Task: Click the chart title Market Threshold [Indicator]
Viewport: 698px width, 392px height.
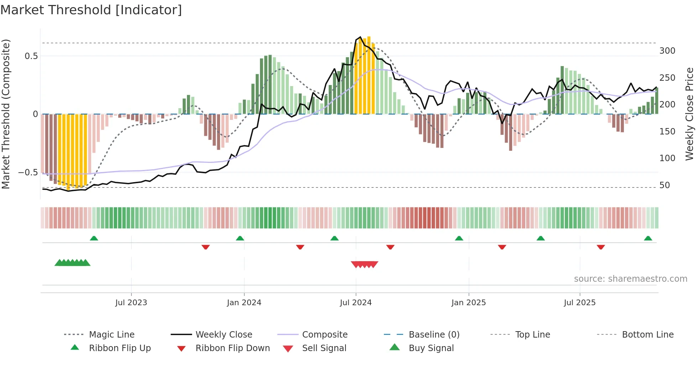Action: tap(91, 10)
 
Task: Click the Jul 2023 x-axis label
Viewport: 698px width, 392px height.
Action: tap(131, 303)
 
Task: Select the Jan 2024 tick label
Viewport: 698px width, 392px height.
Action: tap(244, 303)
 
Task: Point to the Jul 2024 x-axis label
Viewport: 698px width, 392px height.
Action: tap(356, 303)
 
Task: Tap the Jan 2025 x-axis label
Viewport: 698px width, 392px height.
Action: tap(468, 303)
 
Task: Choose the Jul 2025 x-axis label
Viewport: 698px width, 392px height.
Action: tap(579, 303)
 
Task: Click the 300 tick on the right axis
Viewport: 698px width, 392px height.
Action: tap(667, 51)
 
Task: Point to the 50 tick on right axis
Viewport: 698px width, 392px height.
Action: tap(665, 185)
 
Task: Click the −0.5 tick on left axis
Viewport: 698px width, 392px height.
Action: tap(28, 173)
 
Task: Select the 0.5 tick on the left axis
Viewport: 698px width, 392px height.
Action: tap(31, 56)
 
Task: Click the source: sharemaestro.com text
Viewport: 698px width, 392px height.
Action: tap(630, 279)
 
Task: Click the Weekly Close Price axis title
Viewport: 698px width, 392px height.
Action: tap(690, 114)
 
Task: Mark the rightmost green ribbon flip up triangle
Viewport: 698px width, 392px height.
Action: tap(648, 238)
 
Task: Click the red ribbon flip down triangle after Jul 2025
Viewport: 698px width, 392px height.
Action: tap(601, 247)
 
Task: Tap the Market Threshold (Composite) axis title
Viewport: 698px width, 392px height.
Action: tap(6, 114)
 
